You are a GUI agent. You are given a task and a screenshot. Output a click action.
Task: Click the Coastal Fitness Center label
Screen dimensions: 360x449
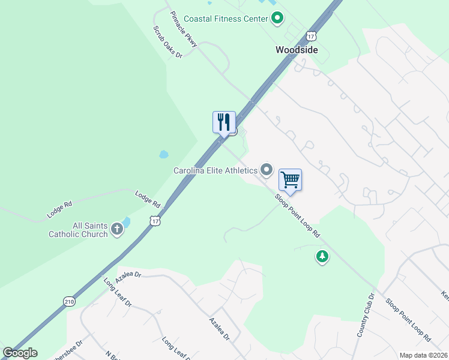225,19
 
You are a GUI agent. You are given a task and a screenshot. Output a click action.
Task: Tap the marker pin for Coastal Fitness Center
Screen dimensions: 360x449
277,19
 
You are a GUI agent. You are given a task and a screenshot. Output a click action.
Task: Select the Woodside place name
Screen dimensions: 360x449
297,50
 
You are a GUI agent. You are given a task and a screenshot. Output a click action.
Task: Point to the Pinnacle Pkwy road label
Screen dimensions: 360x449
183,29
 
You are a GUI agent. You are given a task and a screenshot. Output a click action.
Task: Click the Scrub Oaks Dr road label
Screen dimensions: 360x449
167,42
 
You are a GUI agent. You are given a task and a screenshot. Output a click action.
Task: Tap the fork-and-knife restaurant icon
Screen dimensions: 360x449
224,122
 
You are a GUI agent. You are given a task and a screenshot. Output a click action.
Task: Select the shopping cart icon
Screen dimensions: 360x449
290,179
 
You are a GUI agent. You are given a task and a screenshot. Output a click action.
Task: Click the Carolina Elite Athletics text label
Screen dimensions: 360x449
215,170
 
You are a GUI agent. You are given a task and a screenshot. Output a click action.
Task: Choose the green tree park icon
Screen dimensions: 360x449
322,257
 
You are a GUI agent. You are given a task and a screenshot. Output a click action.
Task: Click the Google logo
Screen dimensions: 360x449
20,353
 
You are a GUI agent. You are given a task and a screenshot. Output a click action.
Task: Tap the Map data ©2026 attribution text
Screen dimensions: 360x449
423,355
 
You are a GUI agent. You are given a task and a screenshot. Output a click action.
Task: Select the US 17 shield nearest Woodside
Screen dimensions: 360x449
310,36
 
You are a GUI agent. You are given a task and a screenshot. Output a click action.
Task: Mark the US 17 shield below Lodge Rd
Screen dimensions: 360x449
155,221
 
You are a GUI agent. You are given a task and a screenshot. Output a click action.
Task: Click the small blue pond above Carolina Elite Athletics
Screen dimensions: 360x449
163,154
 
